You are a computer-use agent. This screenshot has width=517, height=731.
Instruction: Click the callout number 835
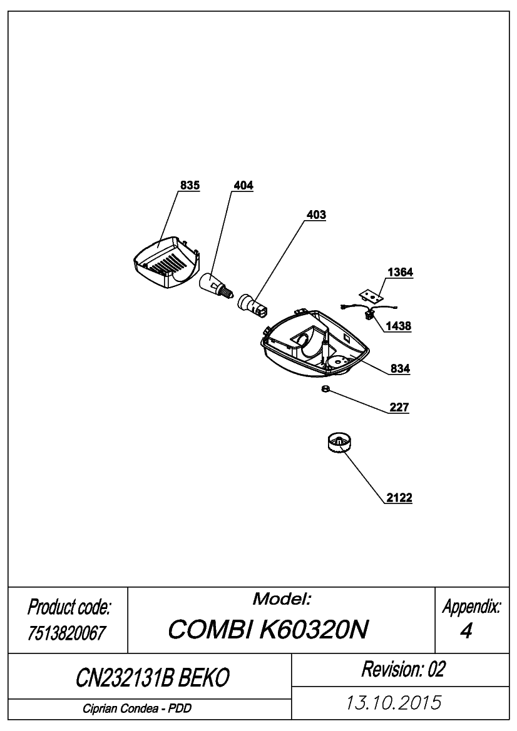(x=190, y=185)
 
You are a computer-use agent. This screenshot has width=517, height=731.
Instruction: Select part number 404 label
(x=243, y=185)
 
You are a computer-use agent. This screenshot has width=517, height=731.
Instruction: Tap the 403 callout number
(x=316, y=214)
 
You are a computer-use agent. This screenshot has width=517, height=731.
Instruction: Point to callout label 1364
(x=401, y=272)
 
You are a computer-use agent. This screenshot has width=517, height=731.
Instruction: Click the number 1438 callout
(x=399, y=326)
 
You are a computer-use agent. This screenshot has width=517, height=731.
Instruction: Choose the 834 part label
(x=401, y=368)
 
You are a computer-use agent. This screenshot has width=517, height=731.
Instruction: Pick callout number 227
(x=399, y=407)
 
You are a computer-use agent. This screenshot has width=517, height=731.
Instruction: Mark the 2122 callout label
(x=399, y=498)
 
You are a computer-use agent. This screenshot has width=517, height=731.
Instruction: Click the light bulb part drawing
(x=215, y=284)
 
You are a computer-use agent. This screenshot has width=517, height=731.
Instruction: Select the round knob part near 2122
(x=338, y=445)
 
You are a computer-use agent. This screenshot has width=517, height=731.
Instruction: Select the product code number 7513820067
(x=67, y=633)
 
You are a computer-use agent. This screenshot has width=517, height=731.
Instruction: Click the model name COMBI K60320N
(x=268, y=630)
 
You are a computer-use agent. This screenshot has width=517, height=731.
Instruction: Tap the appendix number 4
(x=466, y=631)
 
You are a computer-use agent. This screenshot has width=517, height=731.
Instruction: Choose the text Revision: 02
(x=403, y=669)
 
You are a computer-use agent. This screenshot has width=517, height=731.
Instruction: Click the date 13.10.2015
(x=393, y=703)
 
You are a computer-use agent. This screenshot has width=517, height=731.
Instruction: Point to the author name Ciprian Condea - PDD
(x=137, y=708)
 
